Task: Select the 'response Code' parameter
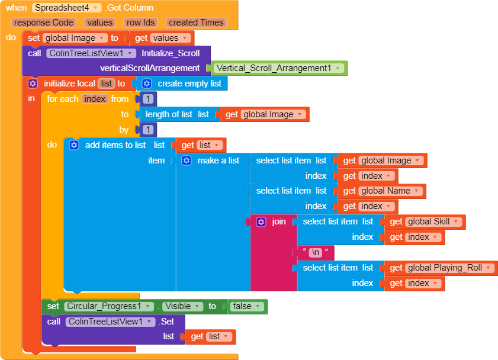click(44, 22)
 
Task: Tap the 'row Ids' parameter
click(141, 22)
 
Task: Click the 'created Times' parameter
click(195, 22)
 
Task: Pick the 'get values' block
click(162, 38)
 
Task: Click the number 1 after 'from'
click(148, 99)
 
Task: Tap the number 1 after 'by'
click(148, 130)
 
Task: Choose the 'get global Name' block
click(382, 191)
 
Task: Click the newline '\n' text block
click(316, 252)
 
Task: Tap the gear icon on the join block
click(261, 222)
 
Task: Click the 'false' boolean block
click(245, 306)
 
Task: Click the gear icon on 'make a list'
click(187, 160)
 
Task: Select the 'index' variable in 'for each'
click(95, 99)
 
